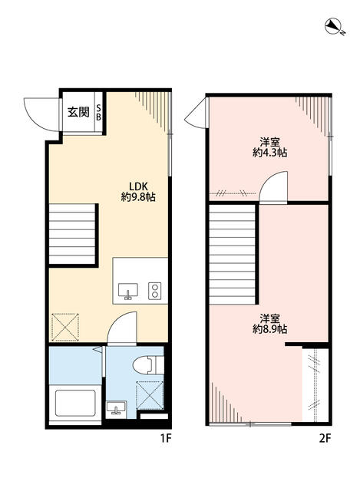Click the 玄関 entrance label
tap(78, 112)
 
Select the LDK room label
tap(137, 185)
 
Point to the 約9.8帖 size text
tap(138, 197)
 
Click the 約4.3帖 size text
tap(269, 153)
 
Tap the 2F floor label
tap(325, 439)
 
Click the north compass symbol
tap(333, 28)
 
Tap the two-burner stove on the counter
tap(154, 291)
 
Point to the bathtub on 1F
tap(74, 403)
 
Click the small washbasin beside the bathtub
tap(116, 407)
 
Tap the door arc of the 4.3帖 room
tap(272, 188)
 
